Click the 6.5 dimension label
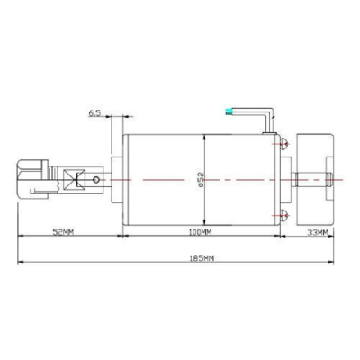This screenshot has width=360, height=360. (94, 113)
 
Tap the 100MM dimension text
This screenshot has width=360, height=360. (202, 231)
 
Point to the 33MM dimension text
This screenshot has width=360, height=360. (318, 231)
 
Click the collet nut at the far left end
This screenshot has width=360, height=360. (31, 177)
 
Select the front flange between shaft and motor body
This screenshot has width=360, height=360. (115, 178)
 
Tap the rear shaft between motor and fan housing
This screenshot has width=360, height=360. (295, 178)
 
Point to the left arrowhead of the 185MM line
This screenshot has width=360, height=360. (20, 263)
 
